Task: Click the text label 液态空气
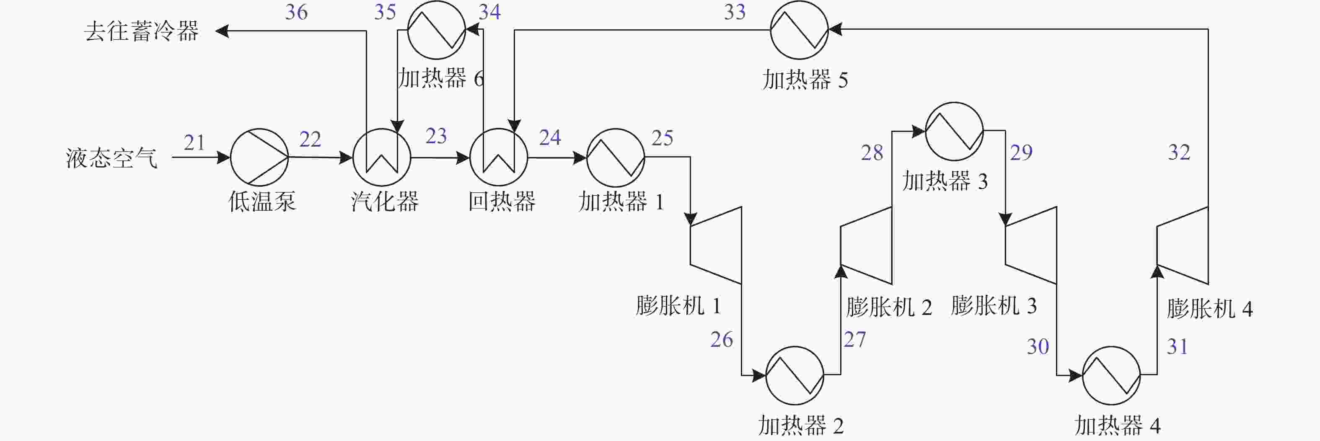coord(111,158)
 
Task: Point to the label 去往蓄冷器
coord(142,31)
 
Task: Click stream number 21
coord(194,142)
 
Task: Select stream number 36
coord(296,12)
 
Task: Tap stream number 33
coord(735,12)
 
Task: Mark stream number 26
coord(722,340)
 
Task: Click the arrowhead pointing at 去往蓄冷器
coord(222,31)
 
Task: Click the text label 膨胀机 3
coord(994,306)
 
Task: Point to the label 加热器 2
coord(800,425)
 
